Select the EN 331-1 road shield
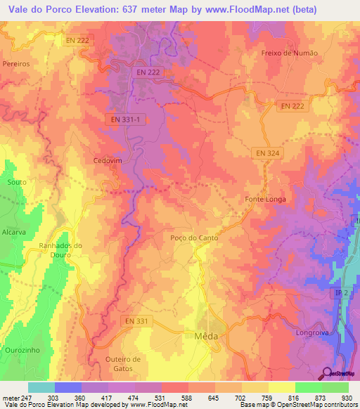click(126, 120)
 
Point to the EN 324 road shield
click(266, 152)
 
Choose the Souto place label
click(15, 182)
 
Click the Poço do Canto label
click(194, 238)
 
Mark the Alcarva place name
click(13, 231)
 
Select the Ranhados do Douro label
click(60, 249)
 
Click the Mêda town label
click(206, 336)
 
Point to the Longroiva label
click(314, 332)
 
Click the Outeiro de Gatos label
click(122, 363)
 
